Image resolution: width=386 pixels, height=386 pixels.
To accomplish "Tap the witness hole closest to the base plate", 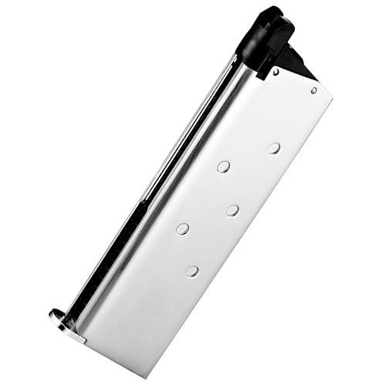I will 192,269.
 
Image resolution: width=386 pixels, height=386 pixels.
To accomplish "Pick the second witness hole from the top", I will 223,165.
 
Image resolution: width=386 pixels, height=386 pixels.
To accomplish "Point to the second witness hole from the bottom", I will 182,228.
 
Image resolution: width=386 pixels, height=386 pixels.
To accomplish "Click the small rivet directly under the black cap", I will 276,72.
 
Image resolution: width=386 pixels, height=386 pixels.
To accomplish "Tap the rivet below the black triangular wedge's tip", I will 314,90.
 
